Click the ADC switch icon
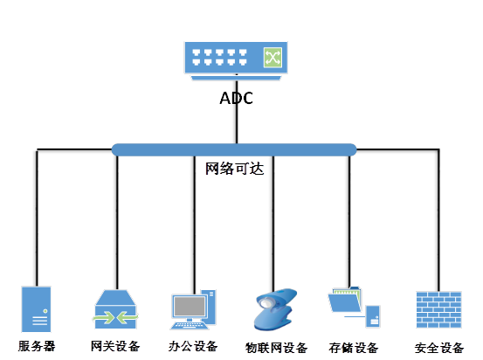[x=236, y=60]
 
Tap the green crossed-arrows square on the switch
[x=273, y=58]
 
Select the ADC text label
[x=237, y=99]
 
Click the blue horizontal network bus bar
[x=234, y=149]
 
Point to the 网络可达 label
[x=235, y=169]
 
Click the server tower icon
[x=36, y=309]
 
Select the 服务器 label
[x=37, y=346]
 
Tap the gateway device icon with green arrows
[x=115, y=309]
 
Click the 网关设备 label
[x=115, y=346]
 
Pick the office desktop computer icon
[x=194, y=309]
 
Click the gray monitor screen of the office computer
[x=190, y=306]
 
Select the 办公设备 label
[x=193, y=346]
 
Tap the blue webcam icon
[x=275, y=310]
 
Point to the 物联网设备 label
[x=276, y=348]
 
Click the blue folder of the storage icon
[x=344, y=302]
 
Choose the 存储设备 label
[x=354, y=348]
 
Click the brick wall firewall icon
[x=438, y=310]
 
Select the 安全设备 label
[x=439, y=348]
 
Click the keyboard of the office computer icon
[x=189, y=325]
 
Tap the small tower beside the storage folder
[x=373, y=316]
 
